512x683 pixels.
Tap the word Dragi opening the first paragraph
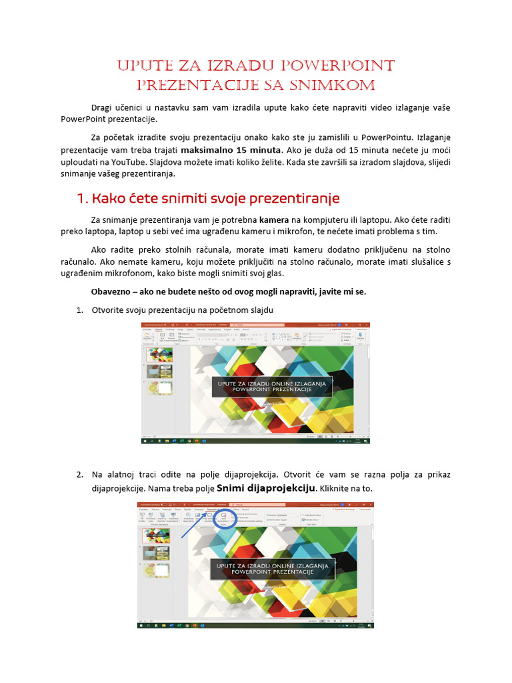tap(103, 107)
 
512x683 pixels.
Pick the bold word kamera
tap(274, 219)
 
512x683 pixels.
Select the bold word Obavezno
tap(111, 291)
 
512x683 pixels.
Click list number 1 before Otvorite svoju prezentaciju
tap(79, 309)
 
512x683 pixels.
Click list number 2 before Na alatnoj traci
tap(79, 475)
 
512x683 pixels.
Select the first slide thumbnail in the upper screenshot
tap(159, 355)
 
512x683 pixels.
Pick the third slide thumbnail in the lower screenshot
tap(156, 571)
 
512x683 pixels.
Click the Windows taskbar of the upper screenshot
tap(255, 441)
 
